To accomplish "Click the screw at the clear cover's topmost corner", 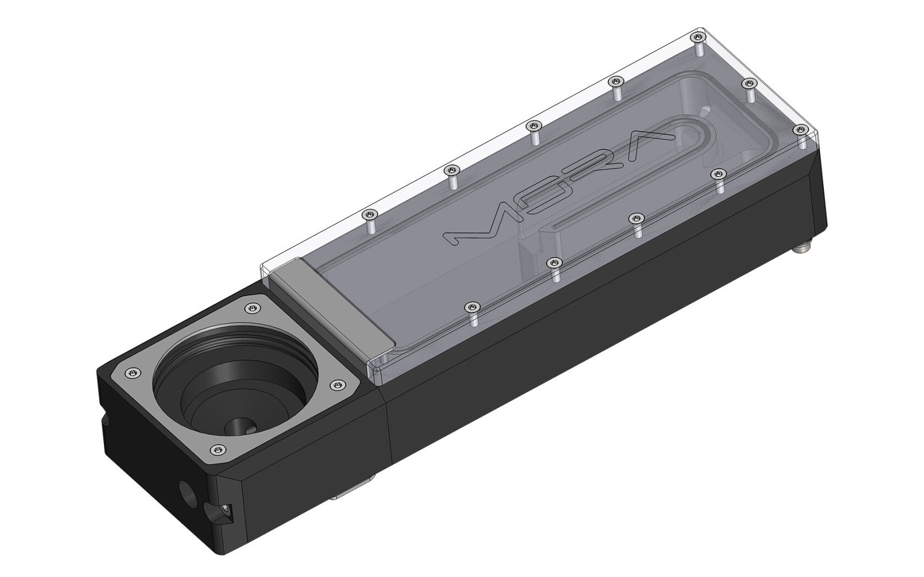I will pos(698,37).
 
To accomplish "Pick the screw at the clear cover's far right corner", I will pos(798,129).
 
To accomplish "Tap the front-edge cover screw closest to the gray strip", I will pos(471,306).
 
